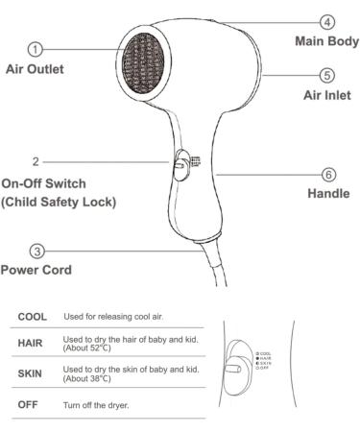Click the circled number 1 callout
[36, 48]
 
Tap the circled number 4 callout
[328, 21]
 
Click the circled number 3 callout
[36, 251]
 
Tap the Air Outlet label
[36, 68]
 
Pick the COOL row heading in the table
[33, 316]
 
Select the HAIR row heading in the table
[32, 344]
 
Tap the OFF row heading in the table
[30, 404]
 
